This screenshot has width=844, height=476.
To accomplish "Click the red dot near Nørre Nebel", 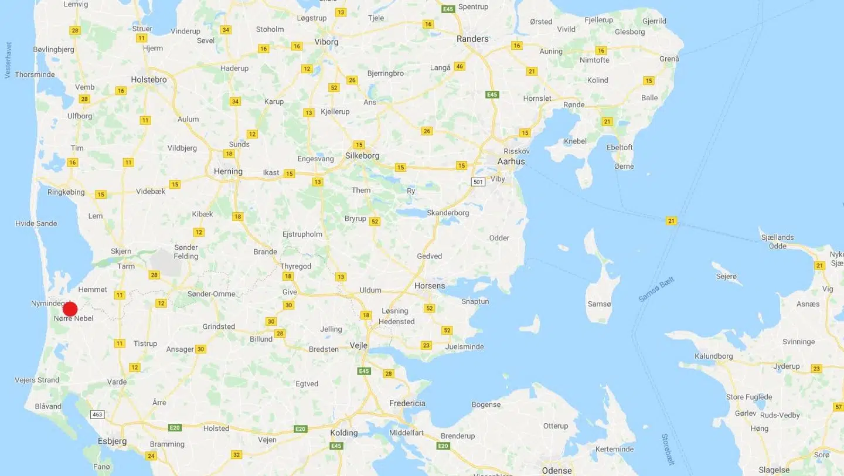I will pos(70,309).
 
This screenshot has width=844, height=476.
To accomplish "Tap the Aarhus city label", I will pos(511,161).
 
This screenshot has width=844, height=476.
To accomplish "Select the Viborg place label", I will pos(326,42).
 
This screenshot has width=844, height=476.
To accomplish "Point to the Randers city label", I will pos(472,39).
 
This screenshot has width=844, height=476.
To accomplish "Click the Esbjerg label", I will pos(113,441).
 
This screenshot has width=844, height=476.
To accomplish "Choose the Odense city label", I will pos(557,470).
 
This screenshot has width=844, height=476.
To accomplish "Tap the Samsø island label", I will pos(599,304).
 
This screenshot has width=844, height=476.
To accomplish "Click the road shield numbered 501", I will pos(478,182).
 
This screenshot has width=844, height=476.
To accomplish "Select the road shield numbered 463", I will pos(97,414).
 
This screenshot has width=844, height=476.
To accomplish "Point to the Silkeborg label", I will pos(362,156).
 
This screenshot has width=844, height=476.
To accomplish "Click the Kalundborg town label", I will pos(713,356).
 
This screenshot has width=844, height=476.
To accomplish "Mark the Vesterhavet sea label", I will pos(8,60).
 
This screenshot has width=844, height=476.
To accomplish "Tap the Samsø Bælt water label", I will pos(656,290).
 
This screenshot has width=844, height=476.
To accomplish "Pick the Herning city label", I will pos(228,172).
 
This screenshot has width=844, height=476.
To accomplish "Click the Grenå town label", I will pos(669,59).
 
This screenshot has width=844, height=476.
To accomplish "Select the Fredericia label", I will pos(407,403).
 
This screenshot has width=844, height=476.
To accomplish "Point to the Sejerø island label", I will pos(726,276).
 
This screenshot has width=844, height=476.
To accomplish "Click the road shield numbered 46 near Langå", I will pos(460,66).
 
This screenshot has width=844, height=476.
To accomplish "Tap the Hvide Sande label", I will pos(36,223).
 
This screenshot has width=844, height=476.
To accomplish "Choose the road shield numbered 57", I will pos(839,407).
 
